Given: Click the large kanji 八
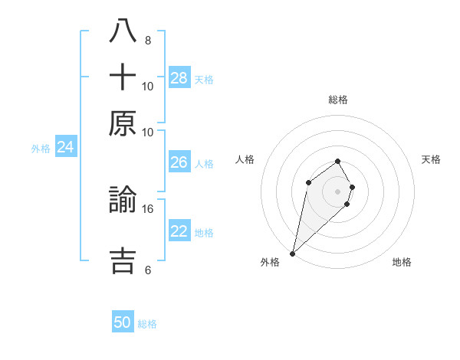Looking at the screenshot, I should coord(123,32).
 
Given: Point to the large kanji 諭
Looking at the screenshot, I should coord(123,201).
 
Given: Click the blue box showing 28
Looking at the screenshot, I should coord(179,77).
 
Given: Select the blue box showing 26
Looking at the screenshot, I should coord(179,162).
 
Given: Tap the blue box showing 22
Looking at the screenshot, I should coord(179,231).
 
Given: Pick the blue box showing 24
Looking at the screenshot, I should coord(65,147).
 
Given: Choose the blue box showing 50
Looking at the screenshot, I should coord(123,322).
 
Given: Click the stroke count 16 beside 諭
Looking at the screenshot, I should coord(148,208).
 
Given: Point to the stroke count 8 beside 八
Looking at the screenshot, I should coord(148,40).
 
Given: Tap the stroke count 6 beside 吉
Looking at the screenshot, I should coord(148,270).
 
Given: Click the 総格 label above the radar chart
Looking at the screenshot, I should coord(337,100).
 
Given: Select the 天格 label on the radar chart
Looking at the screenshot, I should coord(431,159).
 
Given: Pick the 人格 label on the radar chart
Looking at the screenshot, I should coord(245,159).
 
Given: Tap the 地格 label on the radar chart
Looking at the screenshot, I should coord(402,262).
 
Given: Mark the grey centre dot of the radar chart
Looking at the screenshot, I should coord(337,191).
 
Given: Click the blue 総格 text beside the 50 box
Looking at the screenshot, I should coord(147,324).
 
